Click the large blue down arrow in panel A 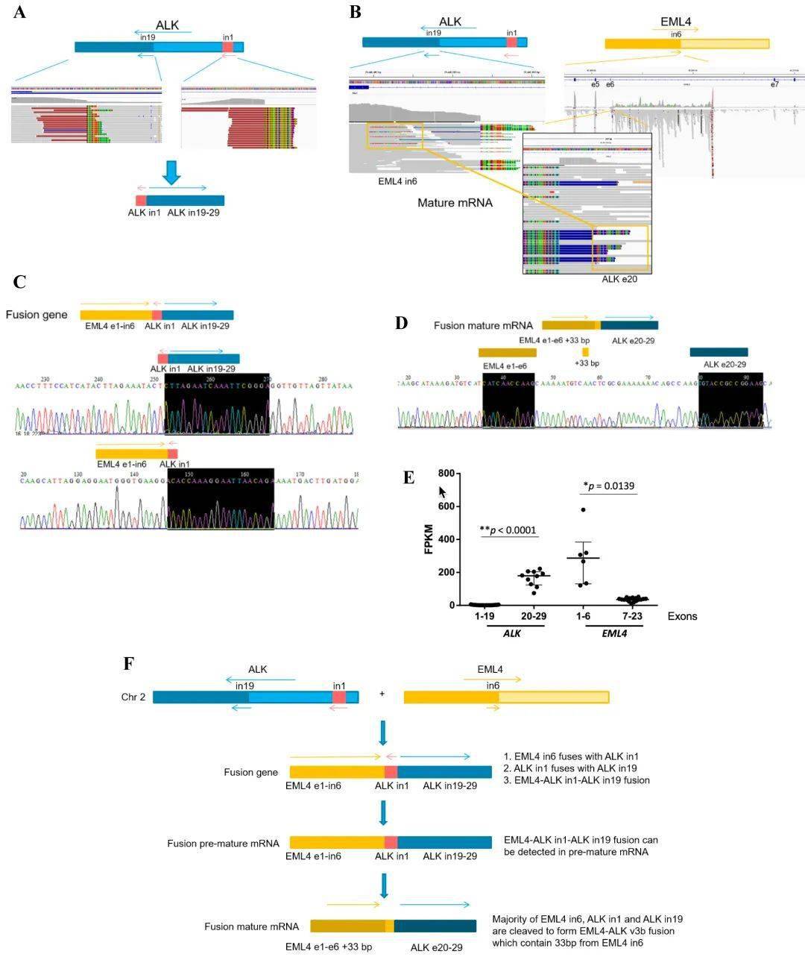click(x=171, y=172)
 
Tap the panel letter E click(x=408, y=478)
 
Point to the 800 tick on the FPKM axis click(x=446, y=474)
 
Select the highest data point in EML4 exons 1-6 click(x=584, y=510)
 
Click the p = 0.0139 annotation click(x=607, y=486)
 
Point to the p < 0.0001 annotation click(x=508, y=530)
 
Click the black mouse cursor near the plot click(x=443, y=492)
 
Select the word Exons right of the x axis click(x=682, y=617)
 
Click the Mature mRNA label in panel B click(x=455, y=202)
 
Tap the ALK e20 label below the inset click(x=620, y=279)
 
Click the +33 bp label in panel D click(x=587, y=363)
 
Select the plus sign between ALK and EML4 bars click(x=382, y=694)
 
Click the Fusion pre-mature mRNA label click(x=223, y=843)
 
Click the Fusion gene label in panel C click(x=37, y=315)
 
